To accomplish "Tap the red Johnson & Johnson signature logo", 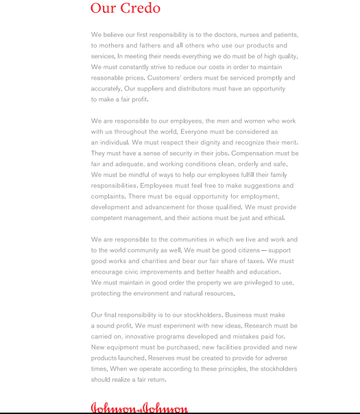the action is pyautogui.click(x=139, y=409).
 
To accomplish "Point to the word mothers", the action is pyautogui.click(x=111, y=45).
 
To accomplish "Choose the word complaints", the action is pyautogui.click(x=107, y=196).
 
